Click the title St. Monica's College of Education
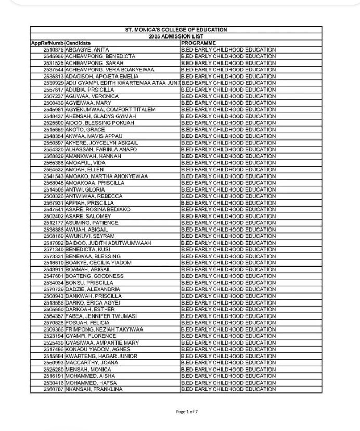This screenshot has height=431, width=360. pos(179,30)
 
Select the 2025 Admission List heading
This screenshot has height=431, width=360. pos(179,36)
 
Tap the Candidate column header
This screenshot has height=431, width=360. pos(79,43)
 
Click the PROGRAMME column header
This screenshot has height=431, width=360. pos(198,43)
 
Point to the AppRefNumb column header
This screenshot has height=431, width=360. pos(47,43)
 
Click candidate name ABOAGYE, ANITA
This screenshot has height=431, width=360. pos(87,49)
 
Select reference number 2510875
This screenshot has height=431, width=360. pos(54,49)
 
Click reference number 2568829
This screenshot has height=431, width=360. pos(54,156)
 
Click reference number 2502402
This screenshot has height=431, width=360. pos(54,216)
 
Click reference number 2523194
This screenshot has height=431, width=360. pos(54,336)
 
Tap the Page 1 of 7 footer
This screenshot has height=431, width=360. pos(187,412)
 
